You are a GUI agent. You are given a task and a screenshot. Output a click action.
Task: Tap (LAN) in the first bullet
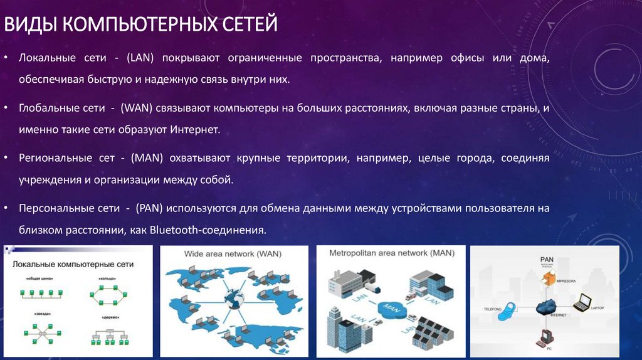(x=144, y=58)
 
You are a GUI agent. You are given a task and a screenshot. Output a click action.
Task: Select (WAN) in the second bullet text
(x=142, y=109)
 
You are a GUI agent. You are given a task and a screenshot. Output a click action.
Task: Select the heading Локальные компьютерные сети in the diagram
(x=73, y=265)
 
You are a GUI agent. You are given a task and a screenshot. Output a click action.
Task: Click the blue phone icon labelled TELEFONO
(x=506, y=312)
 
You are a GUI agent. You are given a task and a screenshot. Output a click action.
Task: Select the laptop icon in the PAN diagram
(x=586, y=302)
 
